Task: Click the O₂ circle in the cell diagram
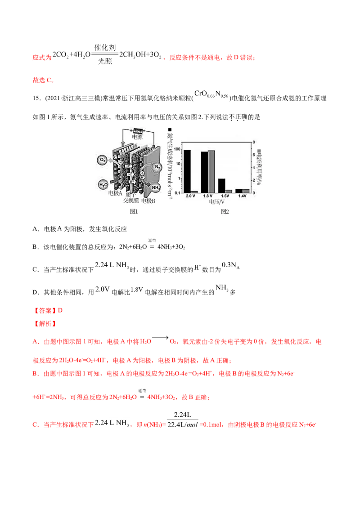coord(102,160)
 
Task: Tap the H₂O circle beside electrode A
coord(103,183)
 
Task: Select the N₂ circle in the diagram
coord(157,168)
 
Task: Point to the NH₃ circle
coord(157,188)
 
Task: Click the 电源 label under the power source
coord(137,137)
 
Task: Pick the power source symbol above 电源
coord(138,130)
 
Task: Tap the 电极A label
coord(116,193)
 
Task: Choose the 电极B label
coord(148,201)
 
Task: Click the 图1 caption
coord(133,211)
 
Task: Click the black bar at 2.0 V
coord(187,171)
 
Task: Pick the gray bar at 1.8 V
coord(211,171)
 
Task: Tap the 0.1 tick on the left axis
coord(177,193)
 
